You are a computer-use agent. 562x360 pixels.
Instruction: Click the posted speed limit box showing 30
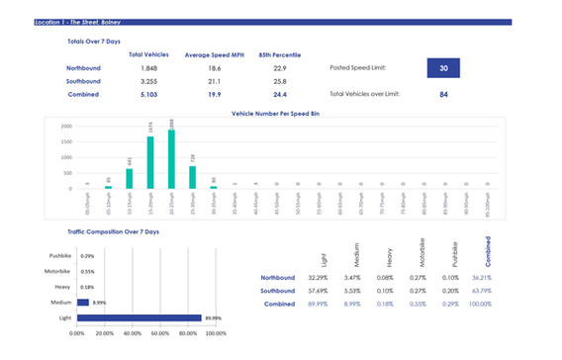pyautogui.click(x=444, y=68)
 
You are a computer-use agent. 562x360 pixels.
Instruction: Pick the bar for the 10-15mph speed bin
pyautogui.click(x=130, y=177)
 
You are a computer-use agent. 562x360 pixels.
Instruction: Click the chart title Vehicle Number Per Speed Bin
pyautogui.click(x=280, y=115)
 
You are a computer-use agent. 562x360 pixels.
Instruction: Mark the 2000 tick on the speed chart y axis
pyautogui.click(x=65, y=127)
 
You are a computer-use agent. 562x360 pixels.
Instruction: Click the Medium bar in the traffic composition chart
pyautogui.click(x=83, y=303)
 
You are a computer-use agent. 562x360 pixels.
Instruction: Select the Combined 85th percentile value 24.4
pyautogui.click(x=272, y=96)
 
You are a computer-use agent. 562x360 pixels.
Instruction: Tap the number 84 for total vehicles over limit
pyautogui.click(x=444, y=95)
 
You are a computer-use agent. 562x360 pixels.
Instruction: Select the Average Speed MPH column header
pyautogui.click(x=212, y=54)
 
